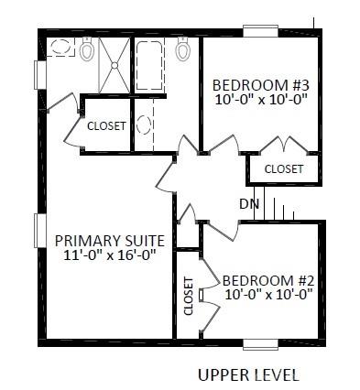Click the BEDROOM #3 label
[261, 85]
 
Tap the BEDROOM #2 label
[268, 280]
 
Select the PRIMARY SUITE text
[110, 241]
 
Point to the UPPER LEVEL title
[248, 375]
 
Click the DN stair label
[249, 204]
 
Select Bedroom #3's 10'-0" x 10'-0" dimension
[261, 99]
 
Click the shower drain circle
[115, 65]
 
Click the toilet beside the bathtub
[182, 49]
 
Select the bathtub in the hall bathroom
[148, 65]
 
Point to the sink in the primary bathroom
[60, 47]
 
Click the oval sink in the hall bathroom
[144, 125]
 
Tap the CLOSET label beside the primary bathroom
[106, 125]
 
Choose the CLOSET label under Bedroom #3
[284, 169]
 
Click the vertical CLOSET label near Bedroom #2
[189, 296]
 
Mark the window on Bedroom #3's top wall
[260, 32]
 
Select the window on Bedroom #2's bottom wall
[260, 344]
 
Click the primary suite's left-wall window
[39, 231]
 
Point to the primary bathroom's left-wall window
[39, 75]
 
